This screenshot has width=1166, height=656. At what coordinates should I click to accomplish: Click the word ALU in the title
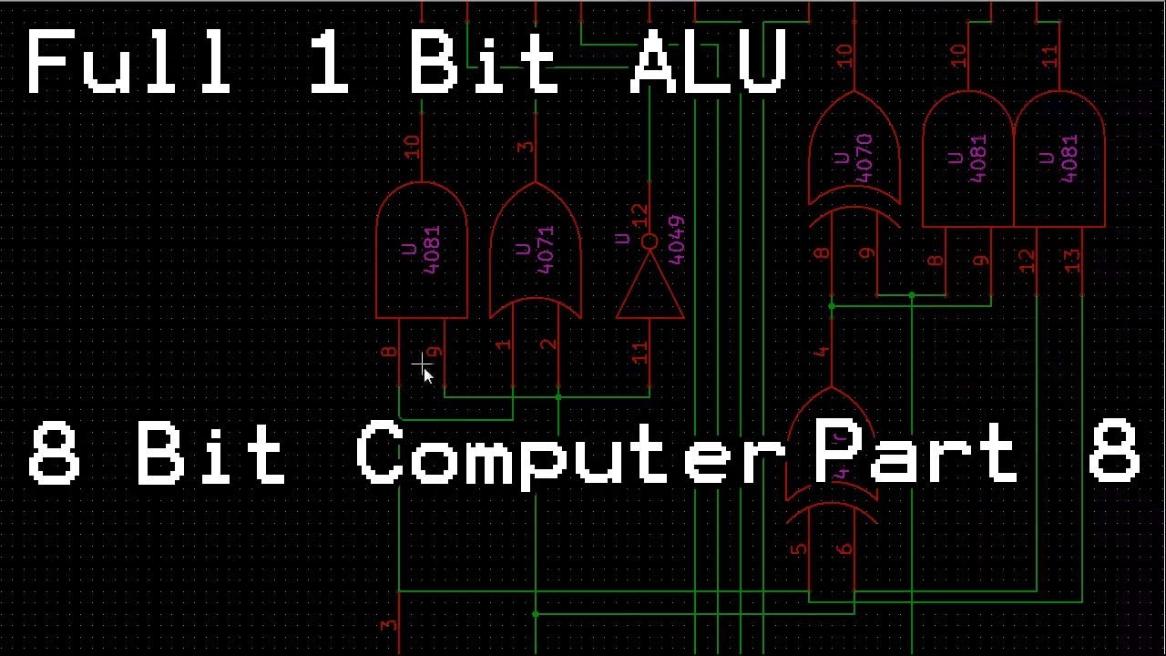pyautogui.click(x=708, y=62)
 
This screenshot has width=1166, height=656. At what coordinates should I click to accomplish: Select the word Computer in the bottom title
pyautogui.click(x=570, y=452)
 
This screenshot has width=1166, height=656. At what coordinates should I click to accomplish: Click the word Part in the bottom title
pyautogui.click(x=915, y=452)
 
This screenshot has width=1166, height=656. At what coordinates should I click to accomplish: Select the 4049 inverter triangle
pyautogui.click(x=649, y=286)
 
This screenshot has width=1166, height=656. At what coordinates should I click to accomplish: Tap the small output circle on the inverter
pyautogui.click(x=649, y=241)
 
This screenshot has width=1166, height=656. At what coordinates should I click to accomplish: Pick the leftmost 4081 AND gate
pyautogui.click(x=422, y=251)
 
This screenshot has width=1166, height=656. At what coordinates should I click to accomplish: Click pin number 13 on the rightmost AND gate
pyautogui.click(x=1072, y=261)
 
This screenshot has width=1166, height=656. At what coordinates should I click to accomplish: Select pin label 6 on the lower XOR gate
pyautogui.click(x=844, y=549)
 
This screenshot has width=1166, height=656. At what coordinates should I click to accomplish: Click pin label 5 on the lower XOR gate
pyautogui.click(x=799, y=549)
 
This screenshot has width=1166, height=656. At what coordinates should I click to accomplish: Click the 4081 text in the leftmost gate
pyautogui.click(x=432, y=249)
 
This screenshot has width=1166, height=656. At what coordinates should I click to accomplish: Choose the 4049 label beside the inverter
pyautogui.click(x=676, y=240)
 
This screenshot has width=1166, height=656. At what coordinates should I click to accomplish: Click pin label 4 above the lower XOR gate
pyautogui.click(x=822, y=352)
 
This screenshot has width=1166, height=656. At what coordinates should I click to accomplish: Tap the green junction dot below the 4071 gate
pyautogui.click(x=558, y=397)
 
